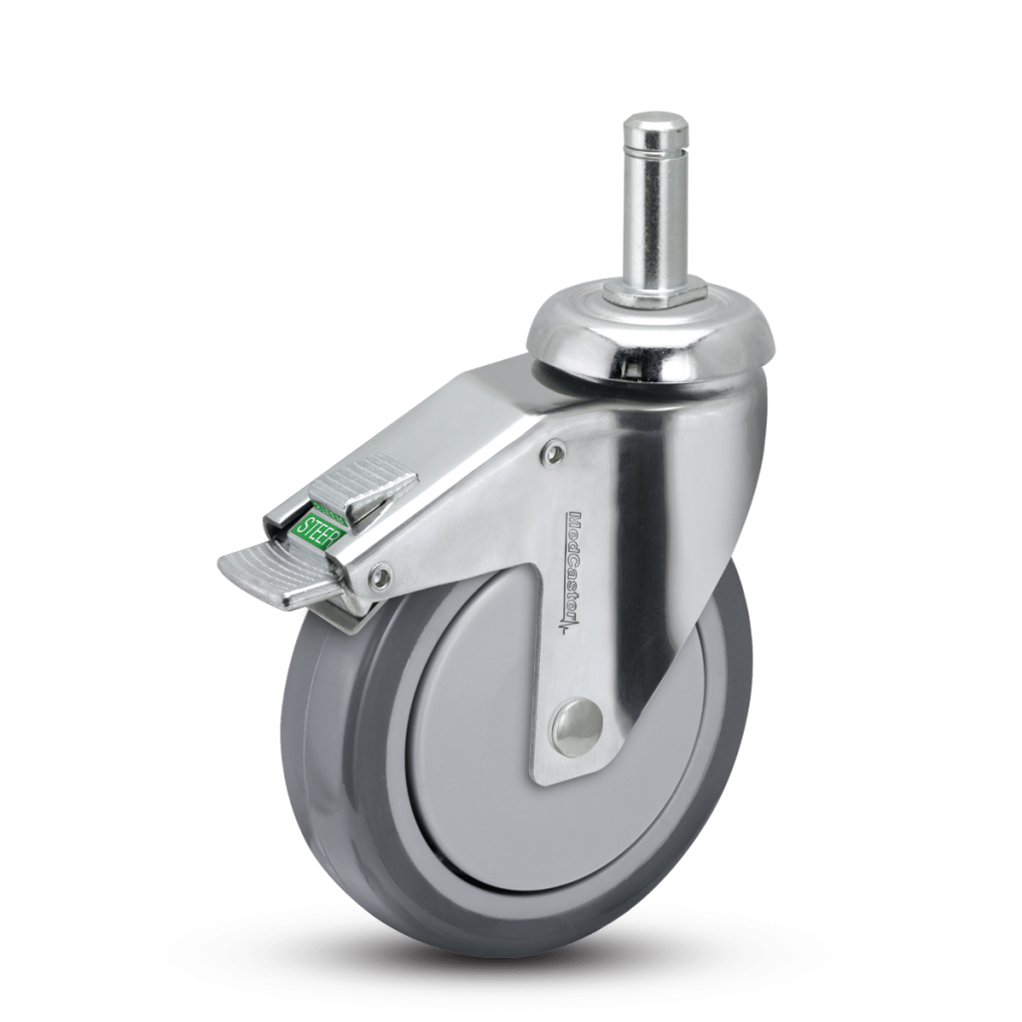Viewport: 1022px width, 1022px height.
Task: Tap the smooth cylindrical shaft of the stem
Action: click(x=649, y=220)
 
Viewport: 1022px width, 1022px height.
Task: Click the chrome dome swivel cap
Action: click(x=654, y=344)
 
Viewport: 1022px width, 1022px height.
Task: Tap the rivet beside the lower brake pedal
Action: click(x=379, y=575)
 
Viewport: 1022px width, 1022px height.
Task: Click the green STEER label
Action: click(x=318, y=538)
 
